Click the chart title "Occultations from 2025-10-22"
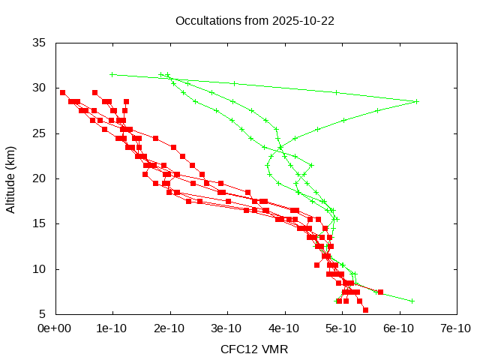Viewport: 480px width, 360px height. coord(254,20)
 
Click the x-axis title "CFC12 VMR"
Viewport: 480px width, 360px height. coord(254,349)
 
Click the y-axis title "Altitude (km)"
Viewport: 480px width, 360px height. coord(11,178)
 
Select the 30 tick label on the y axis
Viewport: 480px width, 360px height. coord(40,88)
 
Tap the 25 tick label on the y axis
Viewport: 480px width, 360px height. coord(40,133)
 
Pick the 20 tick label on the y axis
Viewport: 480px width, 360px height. coord(40,178)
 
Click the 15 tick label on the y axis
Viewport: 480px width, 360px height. coord(40,223)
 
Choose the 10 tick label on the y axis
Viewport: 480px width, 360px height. coord(40,268)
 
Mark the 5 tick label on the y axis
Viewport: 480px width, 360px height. coord(43,313)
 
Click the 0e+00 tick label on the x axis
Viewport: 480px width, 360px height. coord(55,328)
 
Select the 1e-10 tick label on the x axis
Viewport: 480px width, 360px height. coord(112,328)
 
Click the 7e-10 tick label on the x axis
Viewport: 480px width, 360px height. coord(455,328)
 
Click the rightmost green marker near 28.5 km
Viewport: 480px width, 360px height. coord(416,101)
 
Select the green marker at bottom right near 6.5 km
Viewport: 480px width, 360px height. coord(412,301)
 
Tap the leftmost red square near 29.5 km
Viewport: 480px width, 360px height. coord(62,92)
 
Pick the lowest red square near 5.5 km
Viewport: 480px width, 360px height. coord(365,310)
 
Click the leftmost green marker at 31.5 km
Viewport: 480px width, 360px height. coord(112,74)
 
